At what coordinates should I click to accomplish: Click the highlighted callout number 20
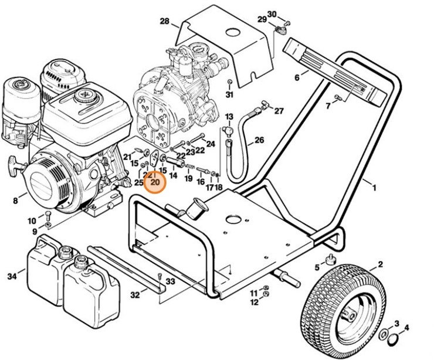click(155, 182)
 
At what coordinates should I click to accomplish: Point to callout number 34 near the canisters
click(12, 276)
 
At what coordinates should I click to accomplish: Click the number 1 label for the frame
click(374, 188)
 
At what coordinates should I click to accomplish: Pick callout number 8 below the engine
click(15, 201)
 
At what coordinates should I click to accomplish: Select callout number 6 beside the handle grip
click(297, 77)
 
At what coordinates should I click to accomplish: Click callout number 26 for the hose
click(259, 141)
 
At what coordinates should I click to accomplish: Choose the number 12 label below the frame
click(254, 303)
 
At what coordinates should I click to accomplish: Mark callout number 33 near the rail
click(170, 282)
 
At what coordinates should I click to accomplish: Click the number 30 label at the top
click(288, 14)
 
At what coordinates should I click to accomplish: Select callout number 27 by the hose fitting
click(279, 111)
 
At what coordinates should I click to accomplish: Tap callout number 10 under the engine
click(32, 220)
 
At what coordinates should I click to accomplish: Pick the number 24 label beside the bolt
click(211, 144)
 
